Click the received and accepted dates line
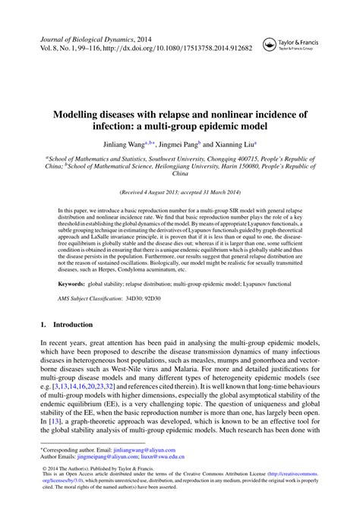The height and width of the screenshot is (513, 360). [x=179, y=193]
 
